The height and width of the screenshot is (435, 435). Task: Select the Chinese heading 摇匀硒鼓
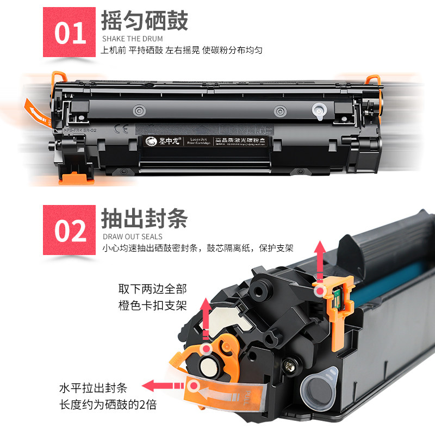coord(145,21)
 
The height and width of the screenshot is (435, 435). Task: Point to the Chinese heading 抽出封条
coord(145,219)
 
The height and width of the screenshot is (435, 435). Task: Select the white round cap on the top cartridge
coord(318,111)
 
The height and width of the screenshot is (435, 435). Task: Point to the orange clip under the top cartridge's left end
coord(75,177)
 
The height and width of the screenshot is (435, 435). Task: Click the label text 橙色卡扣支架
coord(152,306)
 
